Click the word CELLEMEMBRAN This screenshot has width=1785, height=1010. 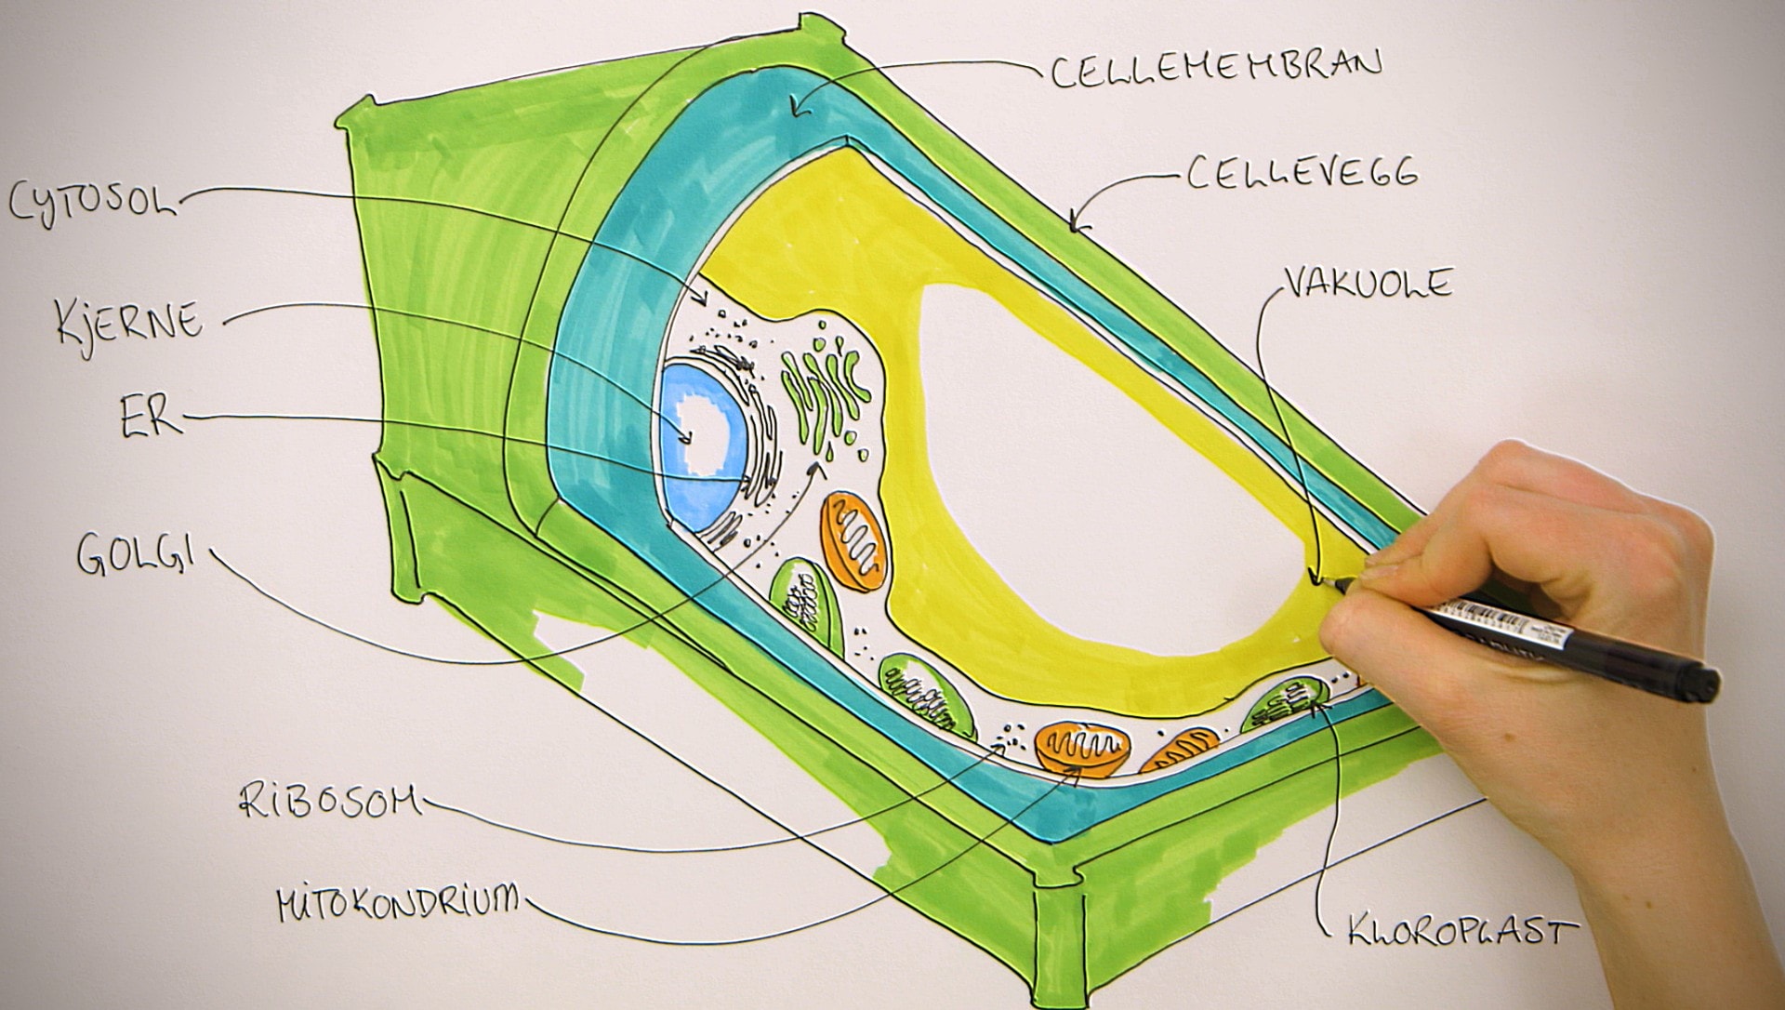pyautogui.click(x=1216, y=69)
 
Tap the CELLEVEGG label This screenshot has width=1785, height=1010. pyautogui.click(x=1302, y=174)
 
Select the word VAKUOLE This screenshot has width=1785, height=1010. pyautogui.click(x=1367, y=282)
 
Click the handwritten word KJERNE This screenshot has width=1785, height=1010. pyautogui.click(x=128, y=322)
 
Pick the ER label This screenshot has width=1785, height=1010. pyautogui.click(x=149, y=418)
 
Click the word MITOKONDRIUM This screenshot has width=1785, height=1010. pyautogui.click(x=398, y=901)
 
